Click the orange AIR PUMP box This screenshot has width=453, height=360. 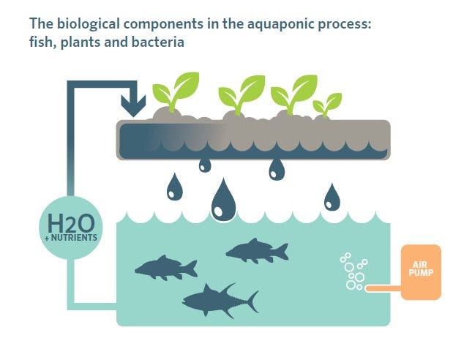tap(421, 272)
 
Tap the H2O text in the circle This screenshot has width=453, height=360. tap(71, 223)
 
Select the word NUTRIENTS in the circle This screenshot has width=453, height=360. tap(74, 238)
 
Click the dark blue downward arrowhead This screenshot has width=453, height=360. tap(133, 106)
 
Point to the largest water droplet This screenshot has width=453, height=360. tap(224, 200)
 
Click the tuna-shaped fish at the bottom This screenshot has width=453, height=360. tap(220, 301)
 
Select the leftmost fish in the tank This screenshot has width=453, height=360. tap(166, 268)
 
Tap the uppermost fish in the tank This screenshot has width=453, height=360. tap(257, 251)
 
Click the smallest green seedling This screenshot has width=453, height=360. tap(327, 105)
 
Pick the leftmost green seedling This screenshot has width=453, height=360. tap(176, 92)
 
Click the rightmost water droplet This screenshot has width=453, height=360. tap(332, 197)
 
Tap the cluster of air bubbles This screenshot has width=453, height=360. tap(353, 271)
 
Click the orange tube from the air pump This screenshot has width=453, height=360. tap(383, 288)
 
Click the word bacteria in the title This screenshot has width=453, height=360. tap(158, 42)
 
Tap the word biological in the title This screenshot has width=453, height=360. tap(89, 24)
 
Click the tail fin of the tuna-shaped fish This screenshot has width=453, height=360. tap(252, 302)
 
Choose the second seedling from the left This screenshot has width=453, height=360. tap(242, 94)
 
